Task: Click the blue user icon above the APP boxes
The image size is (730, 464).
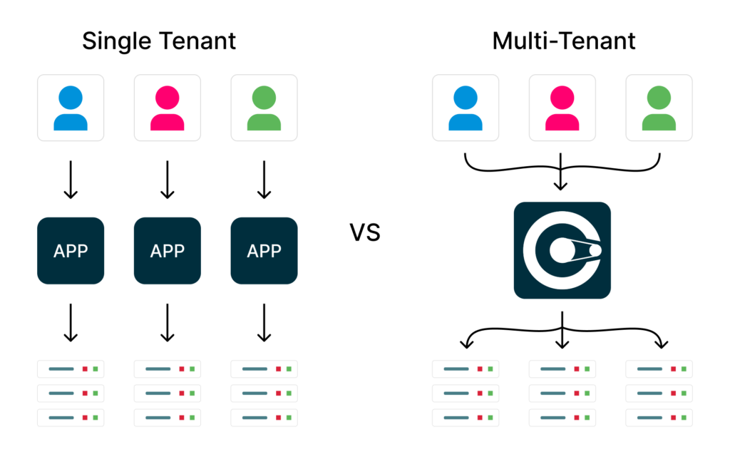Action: (71, 108)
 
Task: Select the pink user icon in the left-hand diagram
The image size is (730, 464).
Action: (168, 108)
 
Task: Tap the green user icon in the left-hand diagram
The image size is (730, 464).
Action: (264, 108)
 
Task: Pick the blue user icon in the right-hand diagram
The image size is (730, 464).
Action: (466, 108)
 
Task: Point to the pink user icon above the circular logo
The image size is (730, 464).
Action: (562, 108)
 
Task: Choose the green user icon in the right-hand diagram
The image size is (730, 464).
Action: (659, 108)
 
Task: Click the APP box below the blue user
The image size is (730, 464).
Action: (71, 251)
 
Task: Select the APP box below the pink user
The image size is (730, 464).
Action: (168, 251)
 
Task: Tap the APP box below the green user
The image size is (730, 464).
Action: (264, 251)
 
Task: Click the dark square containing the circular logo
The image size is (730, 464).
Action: (562, 250)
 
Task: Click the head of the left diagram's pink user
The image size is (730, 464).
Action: (168, 96)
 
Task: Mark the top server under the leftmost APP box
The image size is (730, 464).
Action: (71, 369)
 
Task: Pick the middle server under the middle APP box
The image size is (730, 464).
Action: (168, 393)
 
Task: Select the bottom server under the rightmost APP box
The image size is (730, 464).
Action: (264, 418)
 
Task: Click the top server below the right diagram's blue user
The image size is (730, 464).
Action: (466, 369)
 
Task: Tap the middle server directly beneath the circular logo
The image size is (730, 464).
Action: (562, 393)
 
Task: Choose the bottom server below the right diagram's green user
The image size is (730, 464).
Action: (659, 418)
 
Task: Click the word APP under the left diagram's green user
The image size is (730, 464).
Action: (264, 251)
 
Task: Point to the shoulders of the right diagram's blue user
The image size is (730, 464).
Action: (466, 122)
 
